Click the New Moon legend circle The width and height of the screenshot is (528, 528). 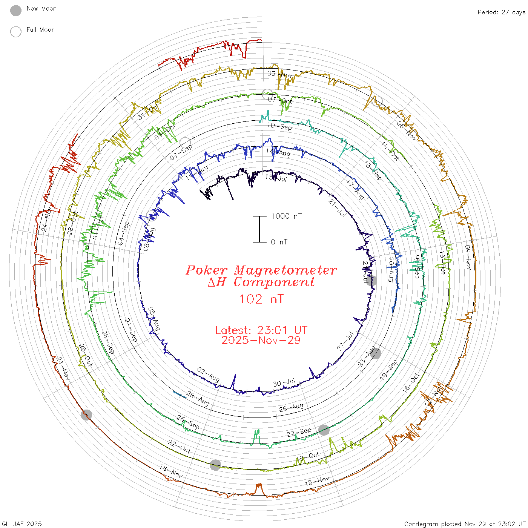coord(16,11)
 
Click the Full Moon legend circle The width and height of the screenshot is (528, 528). coord(16,32)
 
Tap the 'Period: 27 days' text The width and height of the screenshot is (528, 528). coord(501,12)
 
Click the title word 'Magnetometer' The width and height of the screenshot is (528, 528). coord(285,270)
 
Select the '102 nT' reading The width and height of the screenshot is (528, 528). coord(261,299)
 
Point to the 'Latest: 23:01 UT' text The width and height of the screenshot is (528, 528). coord(261,330)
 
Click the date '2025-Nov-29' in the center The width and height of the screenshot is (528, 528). coord(261,340)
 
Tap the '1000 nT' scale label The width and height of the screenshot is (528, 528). coord(286,216)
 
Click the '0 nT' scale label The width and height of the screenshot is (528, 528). coord(279,242)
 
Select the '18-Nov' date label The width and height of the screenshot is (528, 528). coord(171,471)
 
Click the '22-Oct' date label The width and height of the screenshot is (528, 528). coord(179,446)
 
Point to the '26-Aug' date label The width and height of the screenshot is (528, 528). coord(291,408)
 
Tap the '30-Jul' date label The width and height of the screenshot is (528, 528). coord(284,383)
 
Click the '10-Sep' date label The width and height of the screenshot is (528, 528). coord(279,126)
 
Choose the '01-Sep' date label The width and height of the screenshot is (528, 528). coord(131,330)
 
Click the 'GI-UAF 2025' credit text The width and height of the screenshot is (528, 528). coord(22,524)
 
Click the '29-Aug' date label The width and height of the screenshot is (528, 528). coord(198,399)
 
